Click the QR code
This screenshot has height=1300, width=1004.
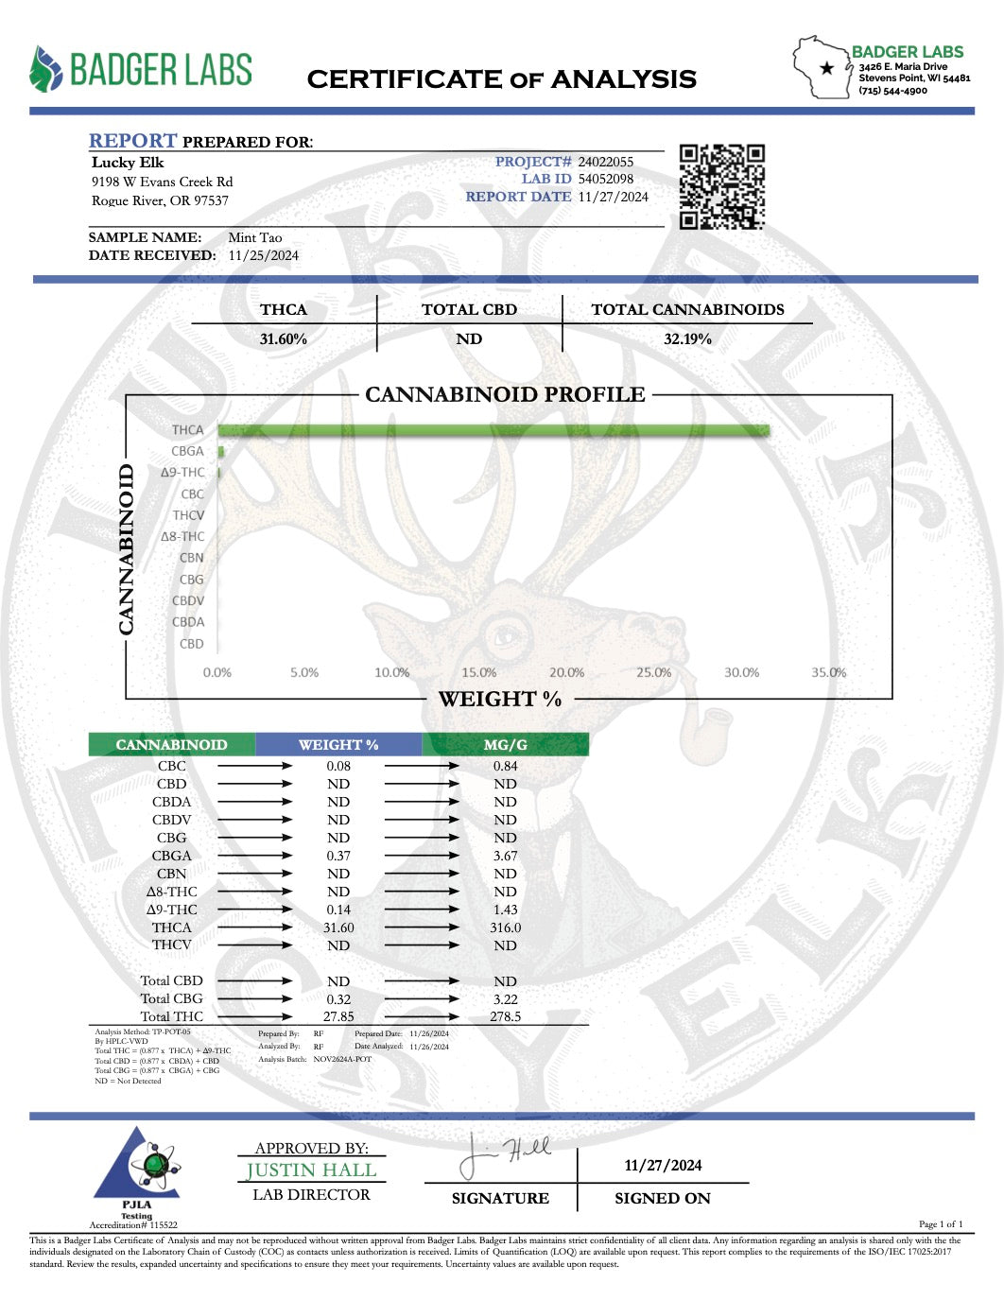point(721,186)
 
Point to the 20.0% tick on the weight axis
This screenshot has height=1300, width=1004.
point(566,672)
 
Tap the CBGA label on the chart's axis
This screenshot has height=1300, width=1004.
point(187,451)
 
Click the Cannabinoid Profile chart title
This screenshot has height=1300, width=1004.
point(505,394)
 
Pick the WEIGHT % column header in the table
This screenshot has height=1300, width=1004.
point(338,745)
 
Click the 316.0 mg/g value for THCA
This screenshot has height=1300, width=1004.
point(505,927)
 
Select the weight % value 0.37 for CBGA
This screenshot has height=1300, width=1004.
point(338,856)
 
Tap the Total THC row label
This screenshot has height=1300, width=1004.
point(171,1016)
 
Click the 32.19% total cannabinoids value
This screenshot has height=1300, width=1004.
point(687,338)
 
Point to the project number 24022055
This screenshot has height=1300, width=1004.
point(605,162)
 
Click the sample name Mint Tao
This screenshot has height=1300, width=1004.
point(254,237)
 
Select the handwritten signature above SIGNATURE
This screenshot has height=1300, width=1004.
point(504,1155)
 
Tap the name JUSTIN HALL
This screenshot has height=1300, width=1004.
point(311,1170)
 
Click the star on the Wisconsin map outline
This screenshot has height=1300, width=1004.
point(827,68)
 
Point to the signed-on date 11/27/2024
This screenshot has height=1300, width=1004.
point(663,1165)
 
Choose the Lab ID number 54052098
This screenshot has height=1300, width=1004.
point(605,179)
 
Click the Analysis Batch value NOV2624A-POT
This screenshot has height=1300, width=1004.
point(342,1059)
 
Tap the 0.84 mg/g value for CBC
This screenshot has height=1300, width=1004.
point(505,766)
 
